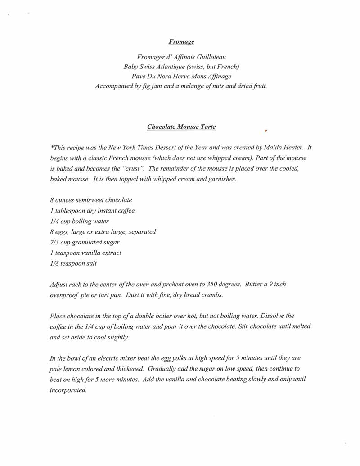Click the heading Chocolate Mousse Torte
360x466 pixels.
tap(181, 127)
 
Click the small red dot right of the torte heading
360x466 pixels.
tap(266, 131)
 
